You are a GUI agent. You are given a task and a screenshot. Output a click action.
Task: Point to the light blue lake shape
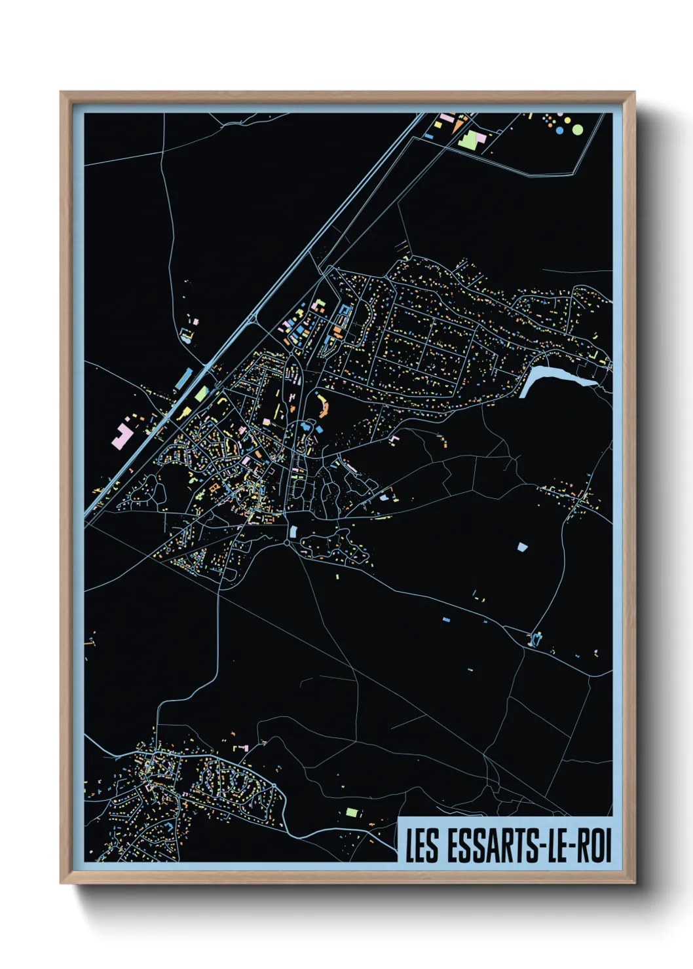pos(550,378)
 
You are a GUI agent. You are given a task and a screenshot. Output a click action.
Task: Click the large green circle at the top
pos(578,130)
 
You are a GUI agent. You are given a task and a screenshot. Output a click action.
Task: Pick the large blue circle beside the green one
pos(559,130)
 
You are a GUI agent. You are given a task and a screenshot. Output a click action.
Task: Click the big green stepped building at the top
pos(470,138)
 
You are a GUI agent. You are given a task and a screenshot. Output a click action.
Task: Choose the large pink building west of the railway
pos(122,435)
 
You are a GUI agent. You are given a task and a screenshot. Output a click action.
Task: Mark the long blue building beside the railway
pos(184,378)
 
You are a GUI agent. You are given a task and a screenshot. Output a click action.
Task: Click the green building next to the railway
pos(200,394)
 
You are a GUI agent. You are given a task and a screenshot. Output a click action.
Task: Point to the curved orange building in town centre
pos(323,405)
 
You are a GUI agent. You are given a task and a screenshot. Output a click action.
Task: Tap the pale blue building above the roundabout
pos(293,532)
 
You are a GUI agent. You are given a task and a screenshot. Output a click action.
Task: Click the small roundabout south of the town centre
pos(287,543)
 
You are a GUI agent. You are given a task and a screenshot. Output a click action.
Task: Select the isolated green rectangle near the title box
pos(352,813)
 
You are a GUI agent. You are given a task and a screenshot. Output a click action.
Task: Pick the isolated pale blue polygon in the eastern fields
pos(521,547)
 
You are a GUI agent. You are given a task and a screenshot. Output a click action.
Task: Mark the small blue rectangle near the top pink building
pos(429,136)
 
